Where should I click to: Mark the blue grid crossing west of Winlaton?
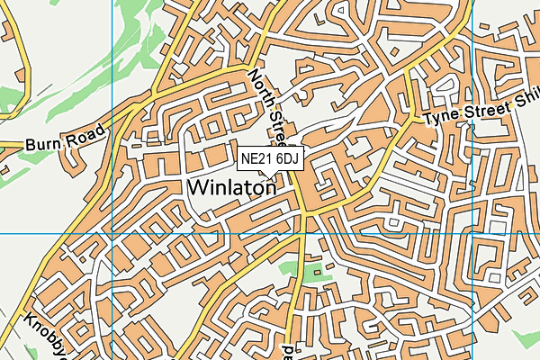(112, 233)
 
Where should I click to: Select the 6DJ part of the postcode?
(287, 158)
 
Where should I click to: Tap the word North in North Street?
(262, 90)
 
